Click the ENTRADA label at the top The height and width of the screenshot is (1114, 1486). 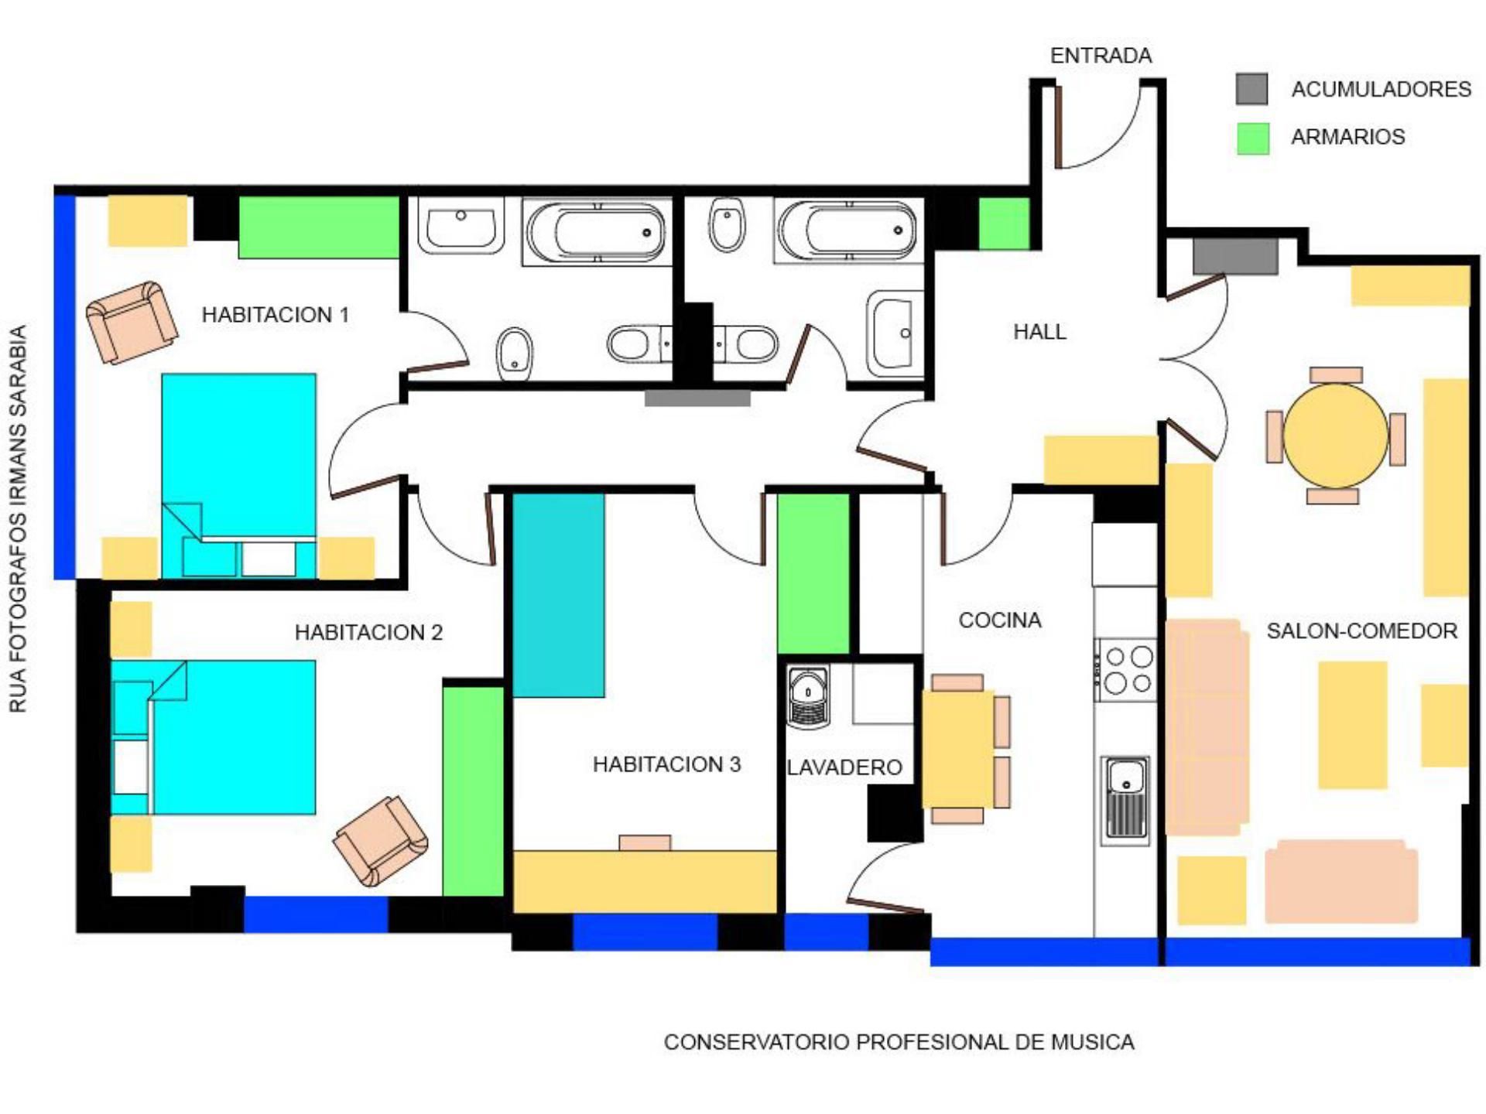click(1101, 56)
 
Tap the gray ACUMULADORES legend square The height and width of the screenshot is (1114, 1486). click(1251, 89)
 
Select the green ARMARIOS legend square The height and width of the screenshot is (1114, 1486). click(1252, 138)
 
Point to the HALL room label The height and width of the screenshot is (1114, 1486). click(1039, 332)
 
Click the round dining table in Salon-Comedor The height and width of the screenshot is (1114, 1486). click(1336, 436)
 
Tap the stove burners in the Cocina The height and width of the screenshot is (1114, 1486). click(1125, 670)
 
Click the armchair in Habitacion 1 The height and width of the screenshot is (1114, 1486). click(132, 322)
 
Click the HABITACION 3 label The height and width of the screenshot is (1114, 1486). click(666, 764)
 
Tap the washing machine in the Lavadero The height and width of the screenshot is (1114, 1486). click(808, 697)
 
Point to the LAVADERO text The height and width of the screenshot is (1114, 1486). click(844, 767)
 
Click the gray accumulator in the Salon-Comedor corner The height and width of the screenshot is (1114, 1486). click(1234, 257)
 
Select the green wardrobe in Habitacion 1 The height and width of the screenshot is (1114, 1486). click(319, 227)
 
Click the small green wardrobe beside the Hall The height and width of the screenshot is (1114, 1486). click(1004, 224)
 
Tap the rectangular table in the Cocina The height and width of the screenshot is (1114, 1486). click(958, 749)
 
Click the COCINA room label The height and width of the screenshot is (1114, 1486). click(1000, 620)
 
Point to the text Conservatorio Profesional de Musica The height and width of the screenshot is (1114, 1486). click(899, 1042)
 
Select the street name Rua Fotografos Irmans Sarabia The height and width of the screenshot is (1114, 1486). click(18, 518)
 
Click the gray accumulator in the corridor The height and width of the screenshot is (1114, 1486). click(697, 398)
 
